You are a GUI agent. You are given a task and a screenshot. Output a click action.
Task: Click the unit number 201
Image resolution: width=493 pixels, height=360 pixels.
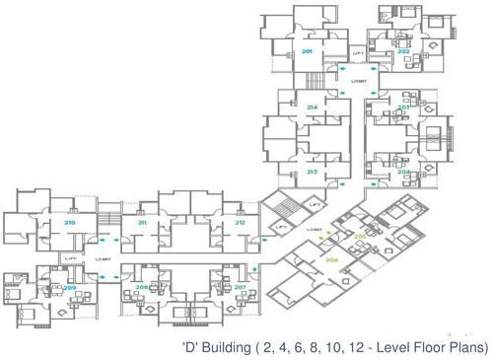[x=307, y=50]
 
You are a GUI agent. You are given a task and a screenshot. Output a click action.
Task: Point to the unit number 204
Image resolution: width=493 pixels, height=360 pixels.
[x=403, y=171]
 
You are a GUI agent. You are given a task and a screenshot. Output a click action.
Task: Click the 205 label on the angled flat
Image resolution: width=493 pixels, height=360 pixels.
[x=360, y=237]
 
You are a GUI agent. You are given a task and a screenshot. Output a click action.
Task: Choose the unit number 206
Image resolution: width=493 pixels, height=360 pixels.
[x=331, y=260]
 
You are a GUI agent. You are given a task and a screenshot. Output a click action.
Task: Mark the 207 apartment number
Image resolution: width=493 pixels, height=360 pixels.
[x=240, y=287]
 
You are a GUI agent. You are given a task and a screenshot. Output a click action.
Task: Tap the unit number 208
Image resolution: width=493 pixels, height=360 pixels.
[x=142, y=287]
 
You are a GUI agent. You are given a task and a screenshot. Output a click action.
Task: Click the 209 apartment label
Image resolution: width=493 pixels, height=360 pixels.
[x=70, y=287]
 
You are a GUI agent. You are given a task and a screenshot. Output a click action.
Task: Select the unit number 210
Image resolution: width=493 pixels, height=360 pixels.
[x=70, y=223]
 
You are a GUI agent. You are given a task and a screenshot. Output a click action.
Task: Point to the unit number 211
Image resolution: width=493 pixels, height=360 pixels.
[x=142, y=223]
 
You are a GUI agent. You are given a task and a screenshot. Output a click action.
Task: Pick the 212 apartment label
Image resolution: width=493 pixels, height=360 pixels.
[x=240, y=223]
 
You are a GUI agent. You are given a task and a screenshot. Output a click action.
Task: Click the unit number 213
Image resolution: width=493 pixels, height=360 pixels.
[x=312, y=172]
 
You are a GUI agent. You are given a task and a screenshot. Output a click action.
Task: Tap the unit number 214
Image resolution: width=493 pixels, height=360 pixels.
[x=312, y=107]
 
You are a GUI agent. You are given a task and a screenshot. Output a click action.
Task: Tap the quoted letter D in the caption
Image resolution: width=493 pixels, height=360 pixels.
[x=191, y=347]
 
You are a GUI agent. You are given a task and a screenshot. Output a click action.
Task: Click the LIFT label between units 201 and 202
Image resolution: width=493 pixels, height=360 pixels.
[x=358, y=52]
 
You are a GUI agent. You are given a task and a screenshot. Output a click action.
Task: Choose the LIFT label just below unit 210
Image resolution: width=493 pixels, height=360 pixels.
[x=70, y=257]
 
